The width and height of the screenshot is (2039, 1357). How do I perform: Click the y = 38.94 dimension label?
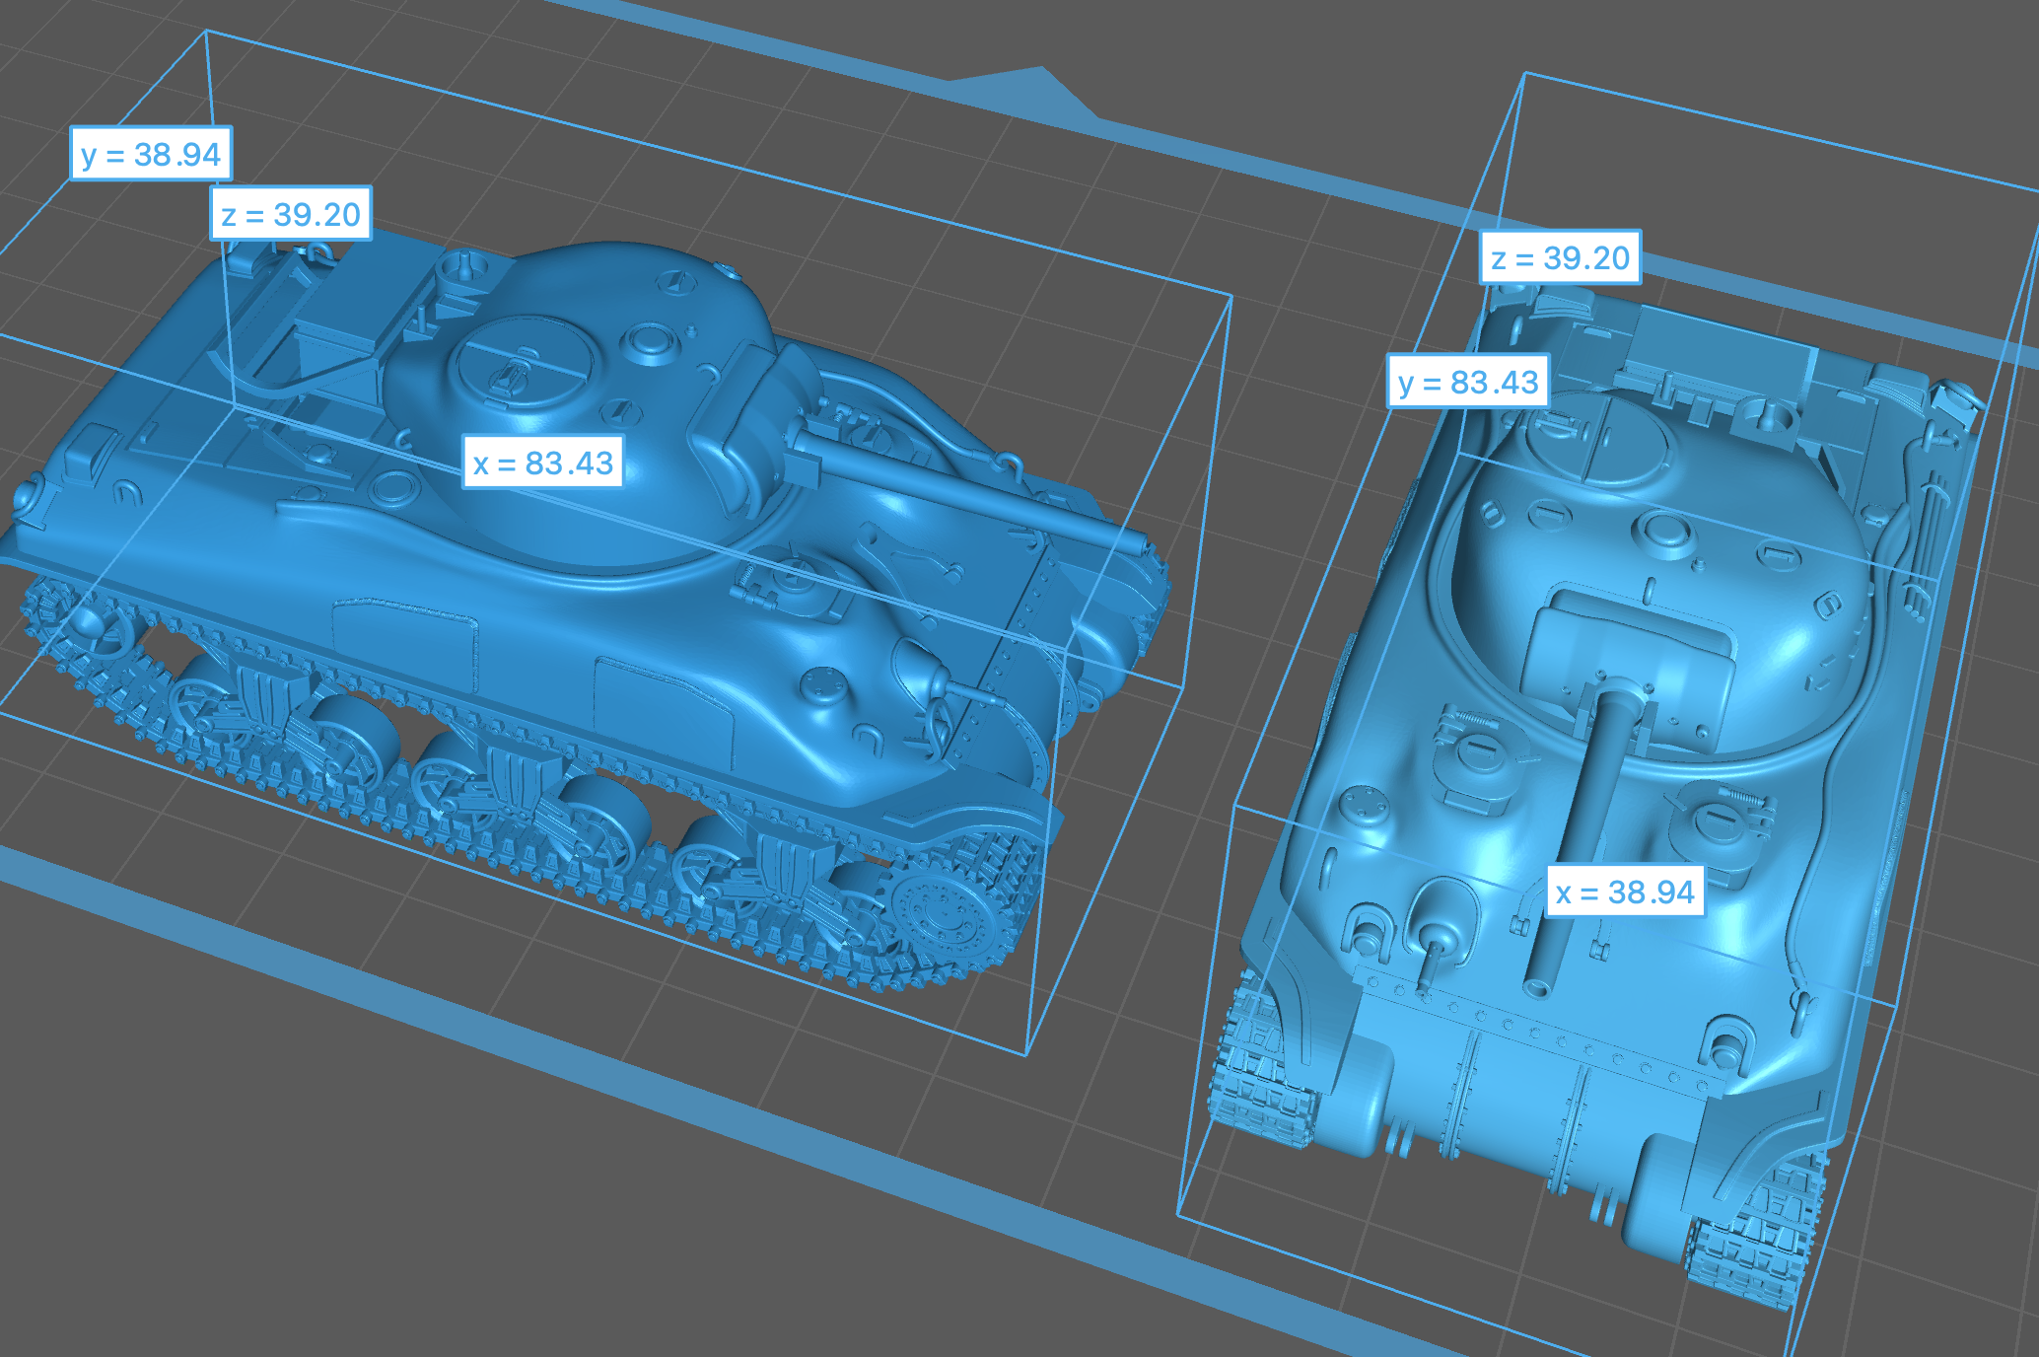[x=151, y=154]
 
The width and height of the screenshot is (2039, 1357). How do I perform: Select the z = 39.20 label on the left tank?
[x=291, y=214]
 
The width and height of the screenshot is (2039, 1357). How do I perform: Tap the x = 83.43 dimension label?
[x=543, y=463]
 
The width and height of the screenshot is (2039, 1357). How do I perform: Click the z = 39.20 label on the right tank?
[x=1561, y=257]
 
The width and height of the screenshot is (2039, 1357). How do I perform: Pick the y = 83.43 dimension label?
[x=1468, y=382]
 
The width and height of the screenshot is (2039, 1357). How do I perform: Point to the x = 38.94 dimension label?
[x=1625, y=892]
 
